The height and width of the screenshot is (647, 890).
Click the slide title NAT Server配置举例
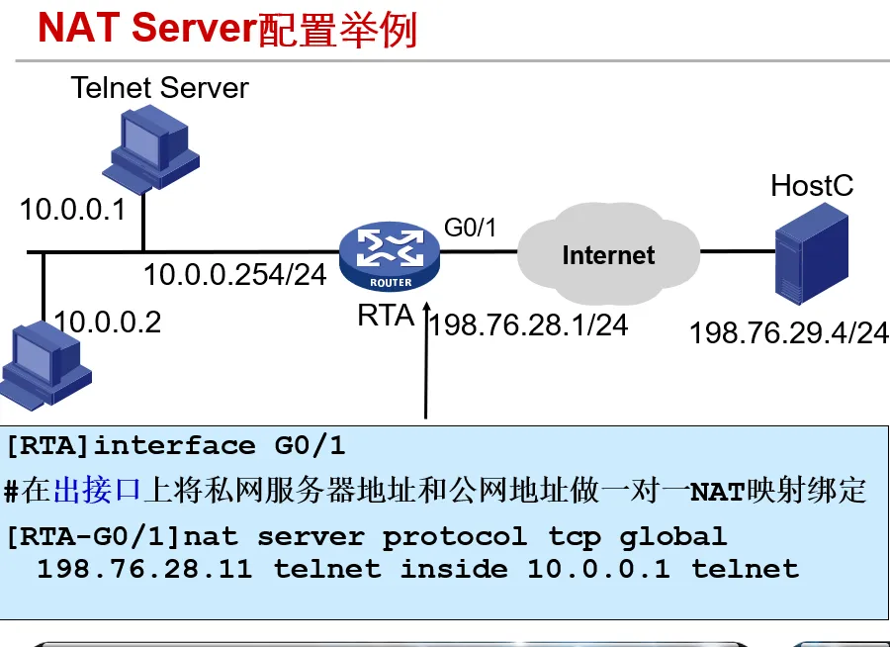pyautogui.click(x=227, y=29)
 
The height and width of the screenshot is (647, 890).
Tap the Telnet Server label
pyautogui.click(x=159, y=87)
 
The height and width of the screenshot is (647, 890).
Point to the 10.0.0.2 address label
pyautogui.click(x=107, y=322)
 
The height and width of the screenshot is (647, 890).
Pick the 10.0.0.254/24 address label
pyautogui.click(x=234, y=275)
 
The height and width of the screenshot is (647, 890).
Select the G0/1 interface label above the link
pyautogui.click(x=469, y=228)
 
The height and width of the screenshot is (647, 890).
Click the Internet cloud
pyautogui.click(x=607, y=254)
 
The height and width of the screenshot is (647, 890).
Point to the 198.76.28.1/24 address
pyautogui.click(x=529, y=324)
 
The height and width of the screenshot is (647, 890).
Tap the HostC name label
pyautogui.click(x=811, y=185)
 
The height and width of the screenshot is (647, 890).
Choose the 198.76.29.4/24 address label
pyautogui.click(x=788, y=333)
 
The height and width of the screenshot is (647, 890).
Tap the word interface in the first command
pyautogui.click(x=174, y=446)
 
